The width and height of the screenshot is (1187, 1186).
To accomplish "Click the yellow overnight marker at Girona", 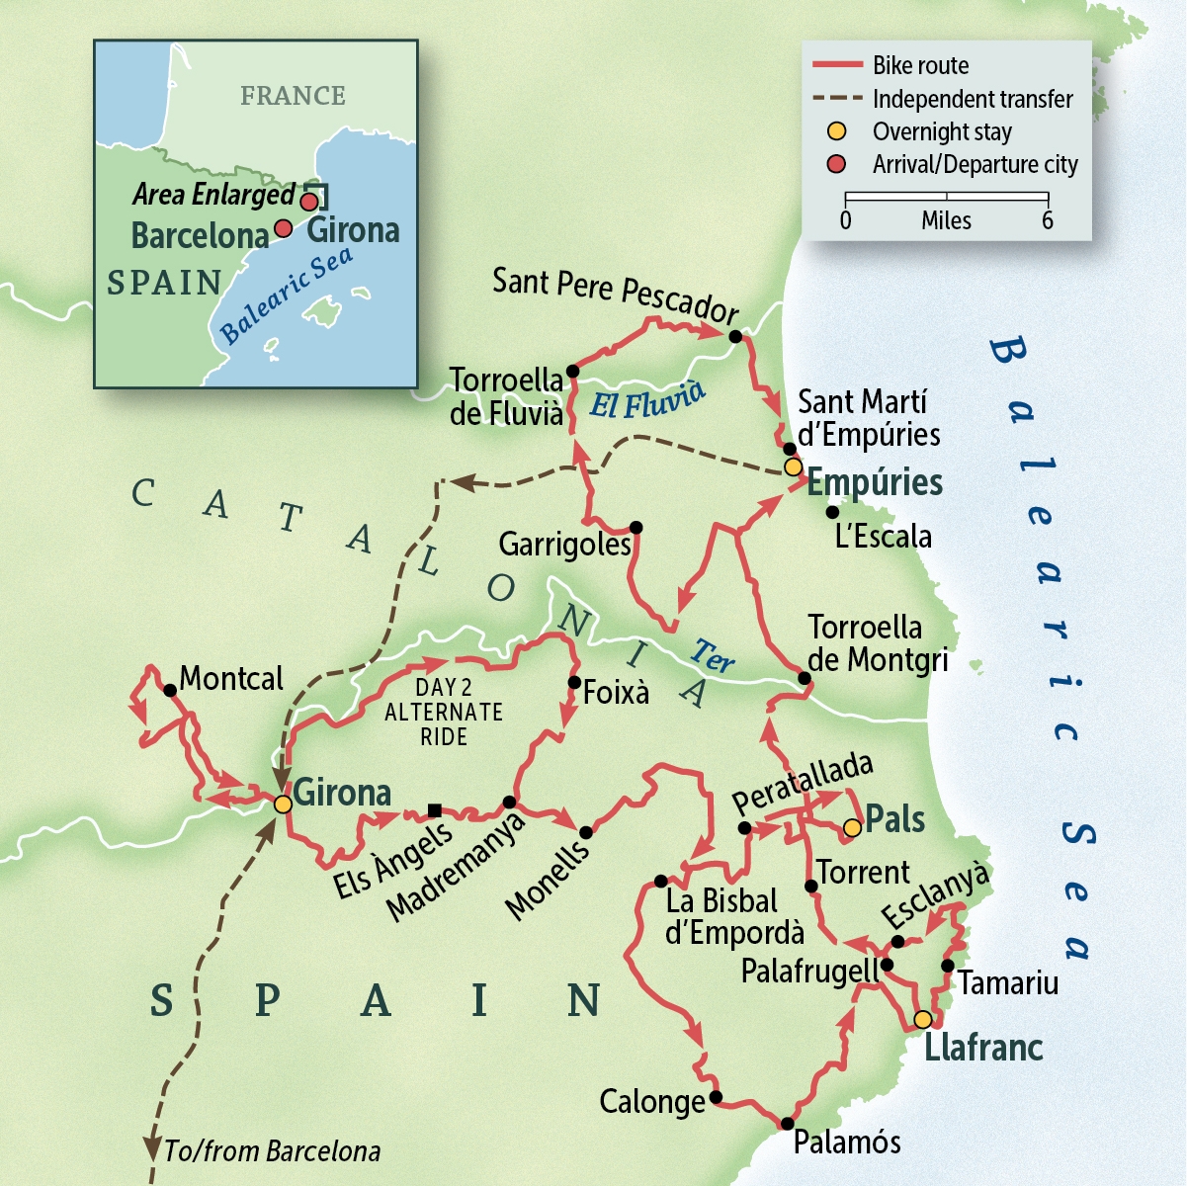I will [283, 804].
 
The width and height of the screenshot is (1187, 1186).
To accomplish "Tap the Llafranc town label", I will [982, 1048].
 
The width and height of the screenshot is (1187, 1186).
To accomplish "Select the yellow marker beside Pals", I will [852, 826].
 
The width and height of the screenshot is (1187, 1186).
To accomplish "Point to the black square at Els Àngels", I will [434, 810].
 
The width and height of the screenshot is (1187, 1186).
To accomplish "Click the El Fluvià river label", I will [647, 398].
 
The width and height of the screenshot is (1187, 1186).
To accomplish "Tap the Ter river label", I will [713, 655].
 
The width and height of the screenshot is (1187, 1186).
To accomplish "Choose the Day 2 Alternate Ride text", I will [444, 712].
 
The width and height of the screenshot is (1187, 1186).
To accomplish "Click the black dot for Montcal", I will [170, 690].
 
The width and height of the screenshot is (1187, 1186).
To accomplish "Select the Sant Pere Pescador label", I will [615, 295].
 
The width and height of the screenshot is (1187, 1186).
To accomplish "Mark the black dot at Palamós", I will [787, 1123].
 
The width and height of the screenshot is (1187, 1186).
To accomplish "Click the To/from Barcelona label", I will [272, 1151].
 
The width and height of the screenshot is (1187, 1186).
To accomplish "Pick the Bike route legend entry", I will [919, 66].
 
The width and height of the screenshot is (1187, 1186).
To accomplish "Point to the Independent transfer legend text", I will [972, 99].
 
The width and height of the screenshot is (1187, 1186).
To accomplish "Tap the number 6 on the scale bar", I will [1047, 220].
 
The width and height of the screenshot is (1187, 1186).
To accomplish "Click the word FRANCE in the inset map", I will [293, 96].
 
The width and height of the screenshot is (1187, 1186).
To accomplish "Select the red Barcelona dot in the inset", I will [283, 228].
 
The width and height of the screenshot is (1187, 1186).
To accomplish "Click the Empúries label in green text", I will [875, 482].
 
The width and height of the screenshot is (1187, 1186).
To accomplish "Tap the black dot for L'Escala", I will [832, 512].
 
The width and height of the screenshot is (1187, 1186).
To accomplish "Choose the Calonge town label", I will [652, 1101].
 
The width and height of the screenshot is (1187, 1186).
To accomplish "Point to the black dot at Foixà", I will [574, 682].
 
